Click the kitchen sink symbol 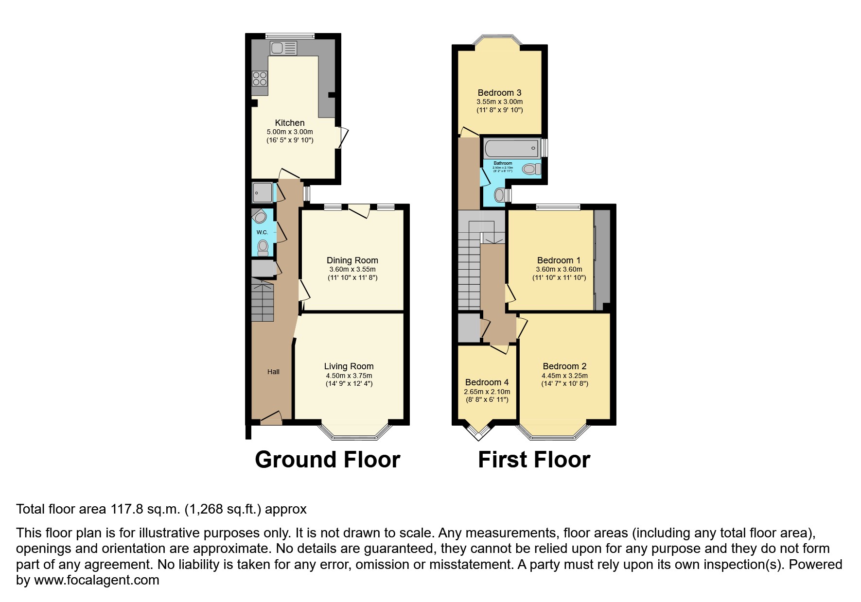click(x=283, y=48)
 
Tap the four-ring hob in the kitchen click(x=260, y=79)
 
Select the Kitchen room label click(x=290, y=123)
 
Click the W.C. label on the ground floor click(x=262, y=232)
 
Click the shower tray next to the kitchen click(x=262, y=192)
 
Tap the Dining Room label click(x=352, y=260)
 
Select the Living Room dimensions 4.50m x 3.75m click(x=349, y=376)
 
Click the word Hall click(x=273, y=372)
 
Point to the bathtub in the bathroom click(x=511, y=148)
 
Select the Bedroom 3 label click(x=499, y=93)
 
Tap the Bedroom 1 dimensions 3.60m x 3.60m click(x=559, y=269)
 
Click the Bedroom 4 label click(x=487, y=382)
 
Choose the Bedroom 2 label click(x=564, y=366)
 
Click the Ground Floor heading click(x=327, y=459)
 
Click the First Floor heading click(x=534, y=459)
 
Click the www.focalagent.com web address click(x=97, y=580)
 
